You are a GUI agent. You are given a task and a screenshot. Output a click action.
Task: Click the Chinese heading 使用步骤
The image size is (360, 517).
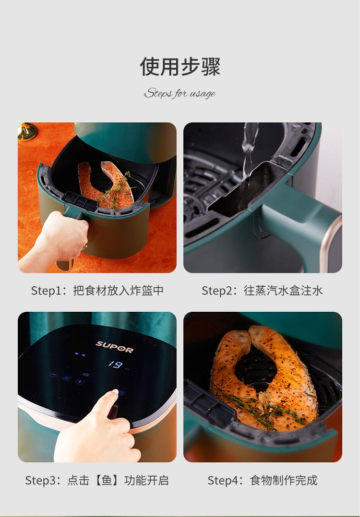click(x=180, y=67)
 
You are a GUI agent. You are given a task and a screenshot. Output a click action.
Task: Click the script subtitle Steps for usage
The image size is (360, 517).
click(x=180, y=94)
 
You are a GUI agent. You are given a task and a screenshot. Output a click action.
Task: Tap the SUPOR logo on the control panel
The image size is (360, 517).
click(x=115, y=347)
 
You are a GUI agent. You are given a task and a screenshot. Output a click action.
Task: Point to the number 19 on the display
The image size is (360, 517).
click(x=116, y=364)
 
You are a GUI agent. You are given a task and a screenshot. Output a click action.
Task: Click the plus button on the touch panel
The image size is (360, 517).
click(x=80, y=381)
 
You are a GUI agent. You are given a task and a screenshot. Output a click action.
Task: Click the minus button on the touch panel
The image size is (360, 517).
click(x=53, y=375)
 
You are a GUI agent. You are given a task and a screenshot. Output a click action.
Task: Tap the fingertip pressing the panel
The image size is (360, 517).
click(x=115, y=392)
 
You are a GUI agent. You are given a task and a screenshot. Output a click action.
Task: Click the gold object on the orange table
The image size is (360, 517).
click(x=27, y=131)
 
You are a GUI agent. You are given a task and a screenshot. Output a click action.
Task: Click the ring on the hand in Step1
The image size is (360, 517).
click(x=85, y=247)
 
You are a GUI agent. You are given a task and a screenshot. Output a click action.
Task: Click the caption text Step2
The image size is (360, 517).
click(x=217, y=291)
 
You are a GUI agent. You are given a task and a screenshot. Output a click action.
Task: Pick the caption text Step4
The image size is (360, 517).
click(x=223, y=481)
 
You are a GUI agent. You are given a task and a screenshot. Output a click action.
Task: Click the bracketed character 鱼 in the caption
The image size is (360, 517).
click(x=107, y=480)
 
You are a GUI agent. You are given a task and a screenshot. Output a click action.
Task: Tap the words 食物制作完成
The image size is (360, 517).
click(x=284, y=481)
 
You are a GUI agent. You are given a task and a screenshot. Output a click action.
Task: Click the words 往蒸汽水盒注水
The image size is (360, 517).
click(x=283, y=291)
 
